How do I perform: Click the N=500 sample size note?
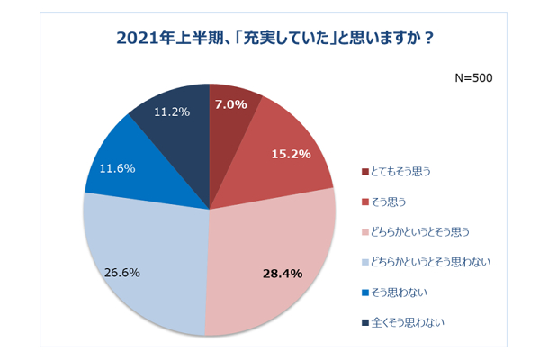(472, 78)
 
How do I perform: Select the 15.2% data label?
(290, 154)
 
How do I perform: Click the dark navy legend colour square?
(364, 322)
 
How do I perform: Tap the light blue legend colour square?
(364, 262)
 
